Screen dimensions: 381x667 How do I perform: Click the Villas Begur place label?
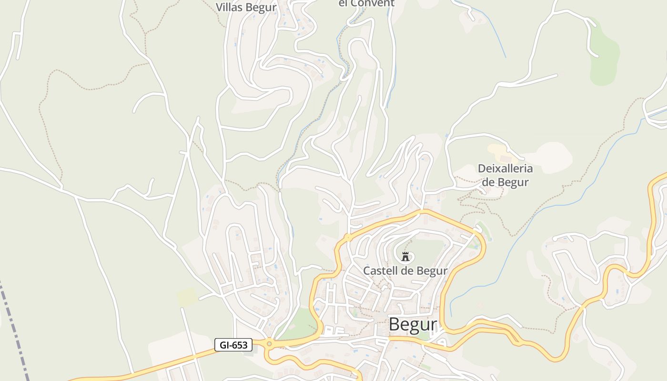[x=246, y=7]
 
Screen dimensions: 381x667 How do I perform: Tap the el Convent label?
[x=366, y=3]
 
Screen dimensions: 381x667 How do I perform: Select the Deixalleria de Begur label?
[x=505, y=175]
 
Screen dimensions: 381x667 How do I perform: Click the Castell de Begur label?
[x=405, y=271]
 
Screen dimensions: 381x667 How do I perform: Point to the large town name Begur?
[x=413, y=324]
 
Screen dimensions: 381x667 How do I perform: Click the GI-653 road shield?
[x=233, y=345]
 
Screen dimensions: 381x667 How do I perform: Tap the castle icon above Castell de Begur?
[x=405, y=257]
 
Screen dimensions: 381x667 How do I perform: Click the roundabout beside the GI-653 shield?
[x=269, y=343]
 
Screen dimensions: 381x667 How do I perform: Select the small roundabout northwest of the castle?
[x=349, y=237]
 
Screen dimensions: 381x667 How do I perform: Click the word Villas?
[x=230, y=7]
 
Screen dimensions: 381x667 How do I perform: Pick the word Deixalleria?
[x=505, y=169]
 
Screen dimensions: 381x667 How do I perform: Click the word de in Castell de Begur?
[x=406, y=271]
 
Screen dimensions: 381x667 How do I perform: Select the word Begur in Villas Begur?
[x=262, y=7]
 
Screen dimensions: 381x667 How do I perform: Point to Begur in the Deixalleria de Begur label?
[x=513, y=182]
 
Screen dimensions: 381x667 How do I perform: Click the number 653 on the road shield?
[x=240, y=345]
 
